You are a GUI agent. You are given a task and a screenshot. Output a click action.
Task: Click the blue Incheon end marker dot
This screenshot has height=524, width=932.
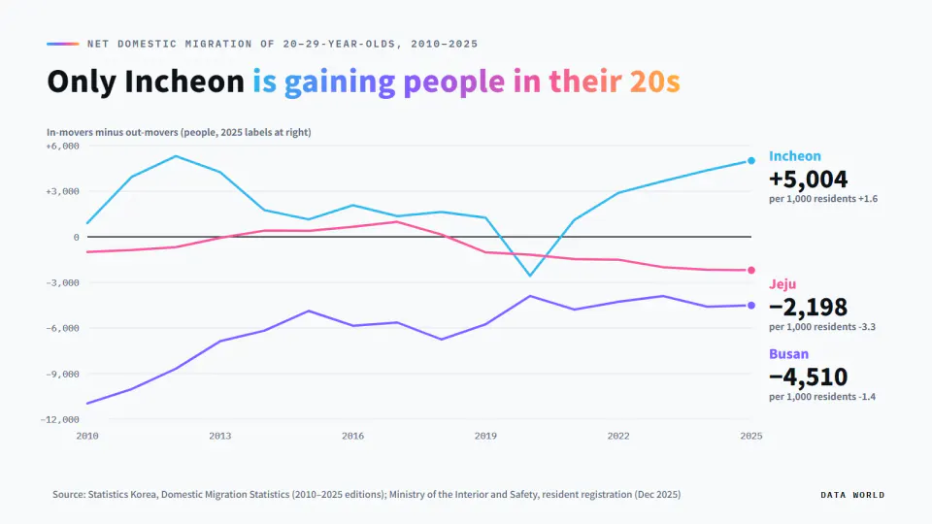(751, 160)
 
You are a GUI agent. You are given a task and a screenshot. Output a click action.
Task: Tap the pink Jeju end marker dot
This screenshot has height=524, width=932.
(751, 271)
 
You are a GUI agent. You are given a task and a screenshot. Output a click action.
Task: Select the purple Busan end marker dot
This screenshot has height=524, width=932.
(751, 306)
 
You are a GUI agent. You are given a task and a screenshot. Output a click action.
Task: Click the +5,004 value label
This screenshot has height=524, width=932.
(809, 179)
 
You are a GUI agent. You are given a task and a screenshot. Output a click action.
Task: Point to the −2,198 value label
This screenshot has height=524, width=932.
(809, 308)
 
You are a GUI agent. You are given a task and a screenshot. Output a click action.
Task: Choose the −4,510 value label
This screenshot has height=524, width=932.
(809, 377)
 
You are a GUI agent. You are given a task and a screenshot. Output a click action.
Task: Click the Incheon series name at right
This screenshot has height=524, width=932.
(795, 155)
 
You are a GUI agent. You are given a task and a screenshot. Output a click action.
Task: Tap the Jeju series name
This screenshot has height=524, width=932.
(782, 284)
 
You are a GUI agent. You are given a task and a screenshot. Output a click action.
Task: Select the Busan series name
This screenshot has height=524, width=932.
(788, 354)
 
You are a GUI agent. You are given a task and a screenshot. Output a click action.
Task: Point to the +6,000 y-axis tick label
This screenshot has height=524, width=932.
(62, 147)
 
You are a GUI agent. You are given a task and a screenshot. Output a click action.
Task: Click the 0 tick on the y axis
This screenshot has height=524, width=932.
(76, 237)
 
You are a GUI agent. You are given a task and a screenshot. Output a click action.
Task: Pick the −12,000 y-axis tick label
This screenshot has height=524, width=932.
(59, 419)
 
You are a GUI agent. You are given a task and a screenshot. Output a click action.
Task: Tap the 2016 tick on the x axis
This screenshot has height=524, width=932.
(352, 436)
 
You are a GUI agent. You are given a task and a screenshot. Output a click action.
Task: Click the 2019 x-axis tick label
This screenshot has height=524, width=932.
(485, 436)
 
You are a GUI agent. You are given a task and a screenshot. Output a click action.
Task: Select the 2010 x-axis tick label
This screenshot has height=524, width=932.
(87, 436)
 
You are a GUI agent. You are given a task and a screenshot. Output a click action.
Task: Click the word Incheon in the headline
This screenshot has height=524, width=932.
(184, 82)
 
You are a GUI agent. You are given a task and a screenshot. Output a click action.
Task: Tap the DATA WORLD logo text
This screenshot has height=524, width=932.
(852, 495)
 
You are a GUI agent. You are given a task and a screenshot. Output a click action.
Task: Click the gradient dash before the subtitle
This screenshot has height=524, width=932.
(63, 44)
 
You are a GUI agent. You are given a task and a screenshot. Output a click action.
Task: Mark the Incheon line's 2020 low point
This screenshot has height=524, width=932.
(530, 276)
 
